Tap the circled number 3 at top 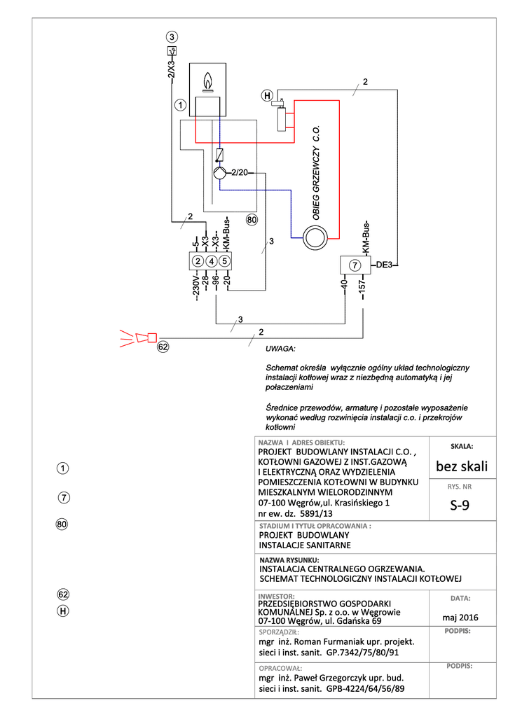pos(172,36)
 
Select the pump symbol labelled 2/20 pos(220,173)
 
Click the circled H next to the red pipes pos(267,95)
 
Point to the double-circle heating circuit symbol pos(315,238)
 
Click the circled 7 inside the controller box pos(355,265)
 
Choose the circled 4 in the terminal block pos(211,261)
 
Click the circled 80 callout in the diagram pos(252,219)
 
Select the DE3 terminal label pos(384,265)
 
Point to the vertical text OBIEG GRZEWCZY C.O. pos(316,172)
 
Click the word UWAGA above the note pos(280,349)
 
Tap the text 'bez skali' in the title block pos(462,466)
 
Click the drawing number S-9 pos(460,505)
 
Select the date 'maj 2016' pos(460,618)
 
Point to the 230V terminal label pos(196,287)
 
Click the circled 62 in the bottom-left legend pos(62,594)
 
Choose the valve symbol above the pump pos(220,155)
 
